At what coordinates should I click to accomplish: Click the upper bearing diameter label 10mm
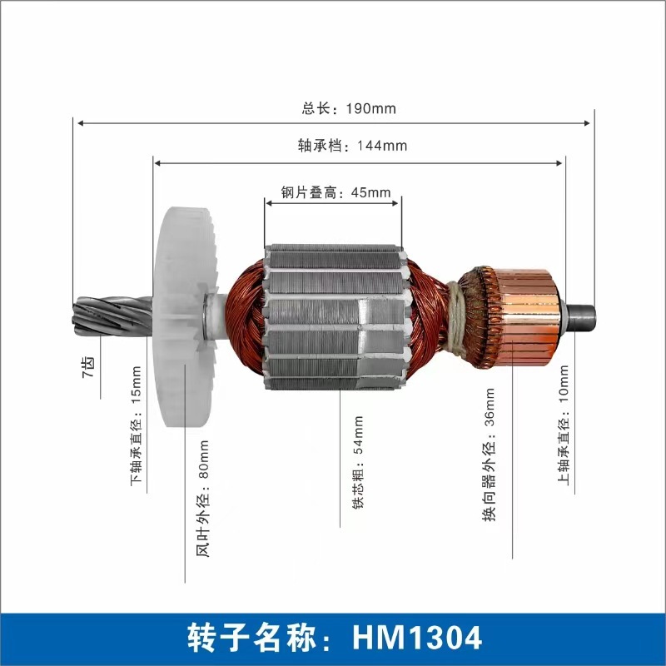(x=564, y=424)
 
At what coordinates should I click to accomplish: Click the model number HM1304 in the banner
(x=417, y=638)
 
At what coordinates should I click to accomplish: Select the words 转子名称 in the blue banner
(x=251, y=638)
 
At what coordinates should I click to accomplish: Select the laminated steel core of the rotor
(x=333, y=316)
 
